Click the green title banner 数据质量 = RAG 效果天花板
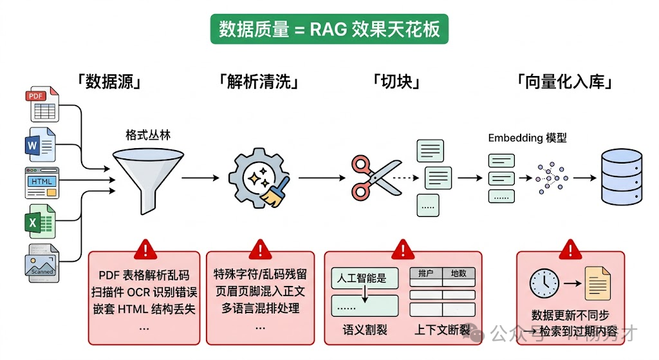(329, 29)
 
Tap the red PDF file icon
(42, 105)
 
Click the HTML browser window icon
(42, 183)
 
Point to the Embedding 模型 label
(527, 138)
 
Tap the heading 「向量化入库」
(564, 82)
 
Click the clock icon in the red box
(545, 283)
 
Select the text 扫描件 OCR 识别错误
(144, 291)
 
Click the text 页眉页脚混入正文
(260, 291)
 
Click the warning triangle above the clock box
(570, 249)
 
